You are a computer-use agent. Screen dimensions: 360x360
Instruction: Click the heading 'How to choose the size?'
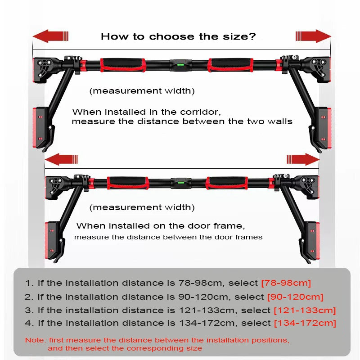click(178, 36)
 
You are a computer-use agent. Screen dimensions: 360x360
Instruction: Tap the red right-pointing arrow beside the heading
click(313, 36)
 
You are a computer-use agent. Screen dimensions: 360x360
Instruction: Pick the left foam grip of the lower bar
click(127, 182)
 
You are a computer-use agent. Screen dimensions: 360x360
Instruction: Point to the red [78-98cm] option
click(286, 283)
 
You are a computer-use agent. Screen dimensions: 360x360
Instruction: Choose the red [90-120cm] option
click(295, 297)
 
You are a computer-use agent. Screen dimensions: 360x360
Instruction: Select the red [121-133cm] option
click(305, 310)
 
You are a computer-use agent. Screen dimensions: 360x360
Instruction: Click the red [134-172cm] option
click(305, 323)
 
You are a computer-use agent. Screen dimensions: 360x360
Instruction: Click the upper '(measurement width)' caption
click(142, 91)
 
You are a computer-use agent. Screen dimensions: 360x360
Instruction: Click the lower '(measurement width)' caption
click(142, 207)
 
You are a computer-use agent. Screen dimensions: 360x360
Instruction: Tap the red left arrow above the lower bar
click(62, 159)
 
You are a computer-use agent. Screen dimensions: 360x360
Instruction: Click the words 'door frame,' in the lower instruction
click(222, 226)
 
